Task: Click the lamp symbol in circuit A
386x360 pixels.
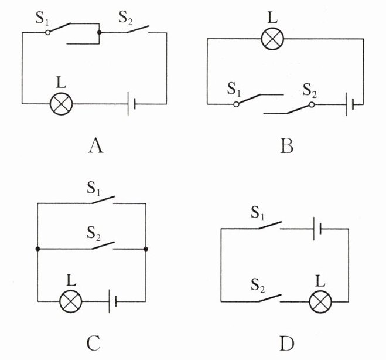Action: [x=62, y=104]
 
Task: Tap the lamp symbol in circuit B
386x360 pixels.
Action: [x=272, y=39]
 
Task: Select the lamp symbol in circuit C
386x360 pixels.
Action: [x=71, y=301]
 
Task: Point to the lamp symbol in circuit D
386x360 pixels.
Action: [x=320, y=301]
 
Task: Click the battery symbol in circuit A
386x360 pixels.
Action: [x=131, y=104]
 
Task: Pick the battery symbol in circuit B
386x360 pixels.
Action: [x=350, y=104]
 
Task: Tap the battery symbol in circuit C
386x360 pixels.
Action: [x=112, y=301]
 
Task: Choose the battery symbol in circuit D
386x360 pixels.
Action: [x=317, y=229]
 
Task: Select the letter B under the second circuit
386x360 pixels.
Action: [x=287, y=146]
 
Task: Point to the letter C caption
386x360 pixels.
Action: [x=94, y=343]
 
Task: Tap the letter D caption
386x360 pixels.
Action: [x=287, y=343]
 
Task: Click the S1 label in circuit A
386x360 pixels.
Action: [x=42, y=18]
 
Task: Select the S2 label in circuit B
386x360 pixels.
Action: [x=309, y=90]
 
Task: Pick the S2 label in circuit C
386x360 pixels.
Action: [x=94, y=233]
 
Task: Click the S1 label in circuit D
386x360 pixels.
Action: [x=258, y=213]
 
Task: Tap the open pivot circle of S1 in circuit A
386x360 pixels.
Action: [x=48, y=32]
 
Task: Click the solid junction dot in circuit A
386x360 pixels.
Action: [x=99, y=32]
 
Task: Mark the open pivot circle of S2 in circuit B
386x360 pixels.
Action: [x=312, y=105]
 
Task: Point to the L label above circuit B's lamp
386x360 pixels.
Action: [x=272, y=17]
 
